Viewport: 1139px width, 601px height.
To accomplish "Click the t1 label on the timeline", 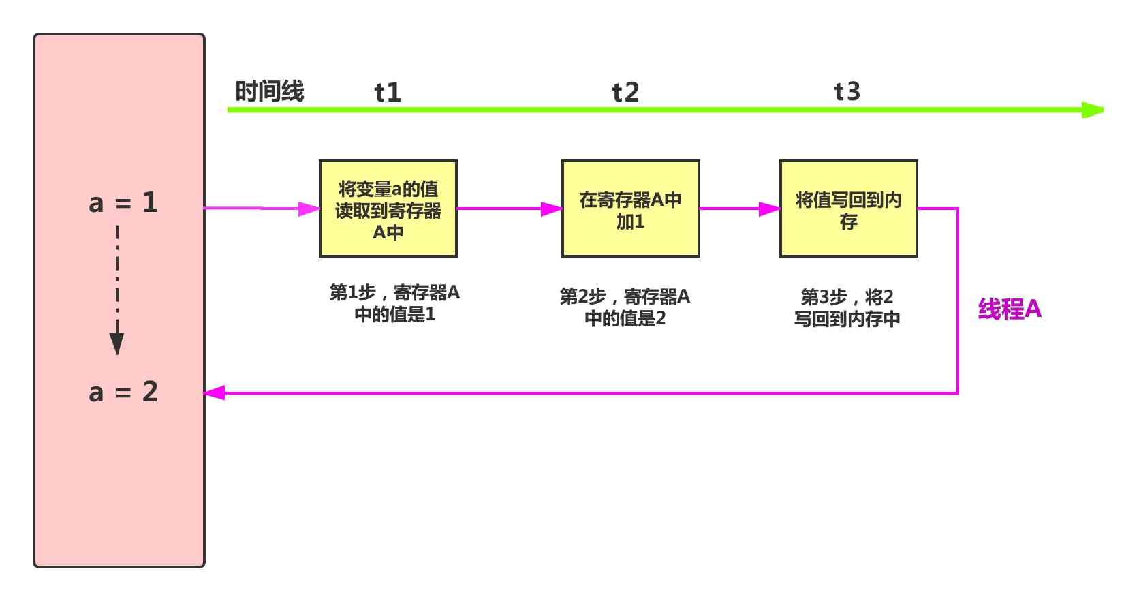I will tap(388, 92).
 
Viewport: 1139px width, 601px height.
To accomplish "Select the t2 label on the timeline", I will tap(625, 92).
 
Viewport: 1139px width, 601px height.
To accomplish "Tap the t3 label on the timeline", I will tap(847, 91).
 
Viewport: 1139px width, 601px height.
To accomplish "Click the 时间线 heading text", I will tap(270, 91).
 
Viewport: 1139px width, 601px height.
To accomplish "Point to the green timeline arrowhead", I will tap(1093, 110).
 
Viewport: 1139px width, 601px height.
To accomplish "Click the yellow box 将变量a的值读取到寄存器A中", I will tap(388, 209).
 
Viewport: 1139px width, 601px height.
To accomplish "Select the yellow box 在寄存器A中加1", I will tap(630, 209).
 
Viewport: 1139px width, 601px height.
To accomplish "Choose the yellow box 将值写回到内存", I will tap(848, 209).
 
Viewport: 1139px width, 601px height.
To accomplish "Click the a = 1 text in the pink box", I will tap(123, 202).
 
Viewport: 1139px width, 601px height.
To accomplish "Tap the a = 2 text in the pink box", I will tap(123, 392).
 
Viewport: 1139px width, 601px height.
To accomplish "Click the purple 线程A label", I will tap(1010, 309).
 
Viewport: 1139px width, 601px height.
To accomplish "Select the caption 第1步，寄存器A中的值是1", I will tap(394, 303).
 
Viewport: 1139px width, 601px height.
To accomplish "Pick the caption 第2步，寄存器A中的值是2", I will tap(625, 307).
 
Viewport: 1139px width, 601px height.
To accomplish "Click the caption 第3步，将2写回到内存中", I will tap(847, 307).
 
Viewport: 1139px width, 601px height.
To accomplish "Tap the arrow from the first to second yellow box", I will tap(509, 209).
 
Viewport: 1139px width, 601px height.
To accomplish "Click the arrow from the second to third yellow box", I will tap(739, 209).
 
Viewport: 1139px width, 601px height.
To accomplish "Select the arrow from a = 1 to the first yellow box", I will tap(262, 209).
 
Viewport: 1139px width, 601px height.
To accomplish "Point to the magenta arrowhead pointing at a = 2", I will tap(215, 392).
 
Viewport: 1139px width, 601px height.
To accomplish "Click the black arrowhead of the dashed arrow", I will tap(117, 343).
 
